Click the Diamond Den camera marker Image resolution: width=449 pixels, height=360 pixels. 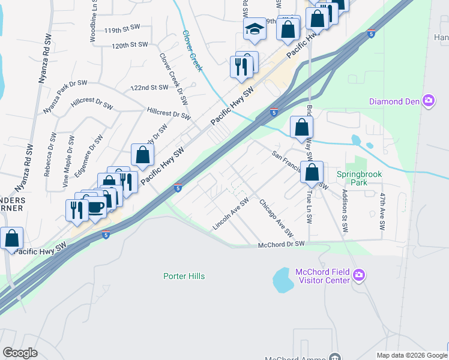429,100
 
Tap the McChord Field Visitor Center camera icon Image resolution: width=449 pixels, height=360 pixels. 359,275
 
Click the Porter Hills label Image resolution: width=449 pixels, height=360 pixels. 184,276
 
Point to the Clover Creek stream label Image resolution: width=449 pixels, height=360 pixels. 192,51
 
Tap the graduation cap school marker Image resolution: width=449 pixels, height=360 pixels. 255,29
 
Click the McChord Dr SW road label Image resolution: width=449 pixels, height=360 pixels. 282,244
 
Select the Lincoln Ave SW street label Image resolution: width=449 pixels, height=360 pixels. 231,214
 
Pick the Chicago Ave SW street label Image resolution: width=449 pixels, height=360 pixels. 276,218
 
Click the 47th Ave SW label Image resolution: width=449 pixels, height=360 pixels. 382,212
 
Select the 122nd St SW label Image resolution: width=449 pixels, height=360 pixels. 150,88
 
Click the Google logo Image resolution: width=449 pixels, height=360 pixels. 20,352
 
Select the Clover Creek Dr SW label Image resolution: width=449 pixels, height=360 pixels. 173,77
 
